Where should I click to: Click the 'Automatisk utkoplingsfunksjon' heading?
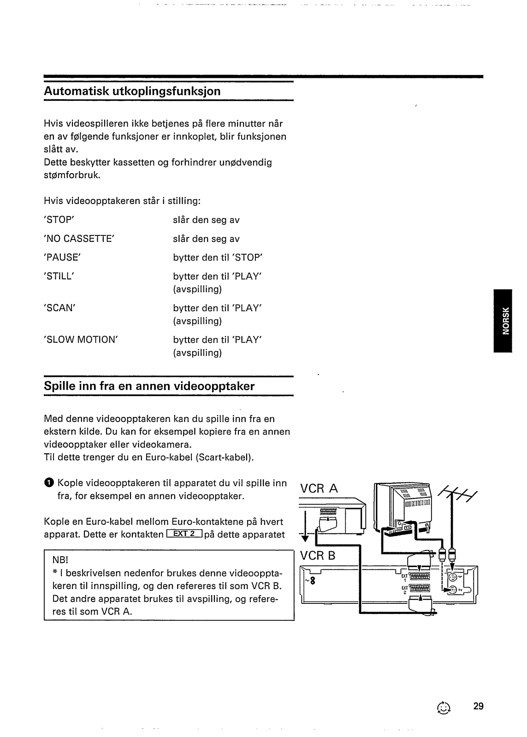[x=132, y=91]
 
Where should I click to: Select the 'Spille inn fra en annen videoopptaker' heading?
[x=149, y=386]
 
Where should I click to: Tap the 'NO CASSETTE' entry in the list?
[x=79, y=239]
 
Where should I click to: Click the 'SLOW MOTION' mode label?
[x=81, y=339]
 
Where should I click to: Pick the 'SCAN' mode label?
[x=59, y=308]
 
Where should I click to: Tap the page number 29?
[x=478, y=706]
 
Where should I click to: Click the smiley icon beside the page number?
[x=443, y=708]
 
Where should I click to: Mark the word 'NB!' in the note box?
[x=60, y=561]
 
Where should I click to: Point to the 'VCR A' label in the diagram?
[x=319, y=488]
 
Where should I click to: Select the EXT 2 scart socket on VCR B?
[x=419, y=589]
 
